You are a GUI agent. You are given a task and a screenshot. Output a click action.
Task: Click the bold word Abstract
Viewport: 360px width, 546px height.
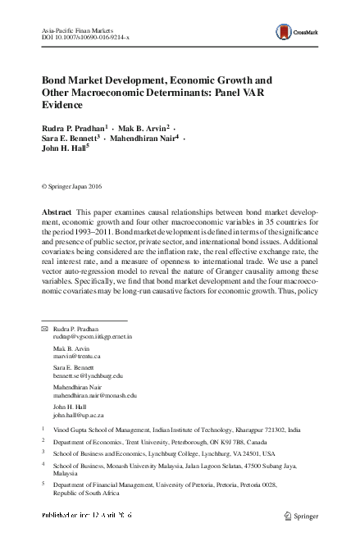59,212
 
